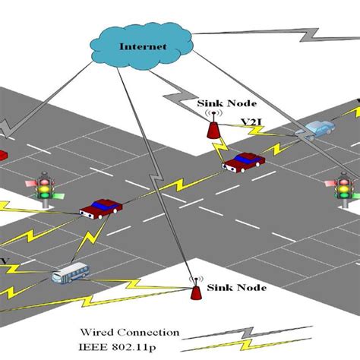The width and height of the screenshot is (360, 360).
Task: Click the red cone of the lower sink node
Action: coord(195,293)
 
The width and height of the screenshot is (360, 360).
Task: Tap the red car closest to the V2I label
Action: coord(244,162)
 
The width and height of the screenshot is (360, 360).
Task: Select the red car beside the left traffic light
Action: coord(100,207)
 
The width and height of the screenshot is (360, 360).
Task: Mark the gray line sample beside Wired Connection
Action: coord(251,333)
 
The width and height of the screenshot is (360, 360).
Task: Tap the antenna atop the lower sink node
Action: coord(195,280)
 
